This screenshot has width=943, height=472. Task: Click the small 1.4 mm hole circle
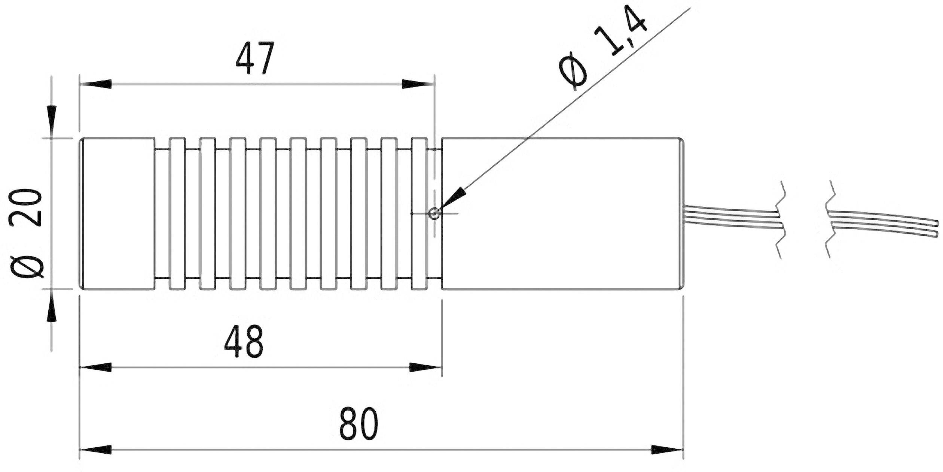pyautogui.click(x=434, y=214)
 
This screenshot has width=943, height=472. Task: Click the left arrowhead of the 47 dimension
pyautogui.click(x=96, y=84)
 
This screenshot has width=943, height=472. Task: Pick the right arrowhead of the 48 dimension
pyautogui.click(x=425, y=367)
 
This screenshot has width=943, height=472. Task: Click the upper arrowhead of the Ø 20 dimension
pyautogui.click(x=52, y=122)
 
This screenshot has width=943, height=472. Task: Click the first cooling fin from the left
pyautogui.click(x=177, y=214)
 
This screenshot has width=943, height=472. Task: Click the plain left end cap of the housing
pyautogui.click(x=118, y=214)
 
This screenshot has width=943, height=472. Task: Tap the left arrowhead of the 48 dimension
pyautogui.click(x=96, y=367)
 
